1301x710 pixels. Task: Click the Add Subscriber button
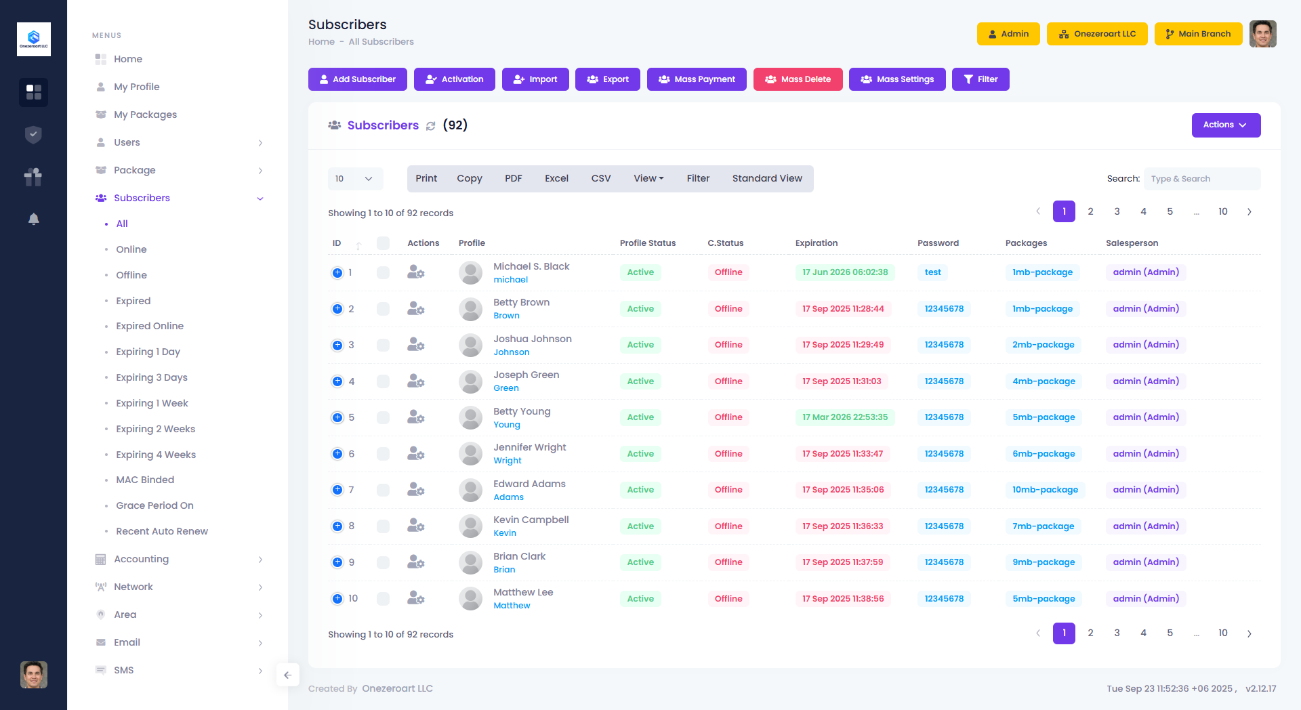click(x=357, y=79)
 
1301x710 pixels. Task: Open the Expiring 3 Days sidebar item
click(x=151, y=377)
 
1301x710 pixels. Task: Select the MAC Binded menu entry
click(x=145, y=480)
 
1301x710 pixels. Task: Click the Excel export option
click(x=556, y=179)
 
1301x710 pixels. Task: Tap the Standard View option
click(x=766, y=179)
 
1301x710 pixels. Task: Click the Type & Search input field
click(x=1201, y=179)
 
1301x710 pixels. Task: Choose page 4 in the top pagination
click(x=1143, y=212)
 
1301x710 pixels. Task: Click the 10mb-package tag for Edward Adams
click(x=1045, y=490)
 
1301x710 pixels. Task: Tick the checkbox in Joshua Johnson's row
click(x=383, y=345)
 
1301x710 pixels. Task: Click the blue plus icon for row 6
click(x=337, y=454)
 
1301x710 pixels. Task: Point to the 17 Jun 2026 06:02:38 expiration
click(x=845, y=272)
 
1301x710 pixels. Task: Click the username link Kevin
click(x=505, y=533)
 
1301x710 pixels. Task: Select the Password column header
click(x=938, y=243)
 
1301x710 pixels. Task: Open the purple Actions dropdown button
click(x=1226, y=125)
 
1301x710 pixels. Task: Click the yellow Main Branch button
click(x=1198, y=34)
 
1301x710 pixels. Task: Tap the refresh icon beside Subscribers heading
click(x=431, y=126)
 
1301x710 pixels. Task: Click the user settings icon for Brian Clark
click(x=415, y=562)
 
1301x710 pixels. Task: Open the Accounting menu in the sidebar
click(x=141, y=559)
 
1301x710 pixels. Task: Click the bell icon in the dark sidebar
click(x=33, y=219)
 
